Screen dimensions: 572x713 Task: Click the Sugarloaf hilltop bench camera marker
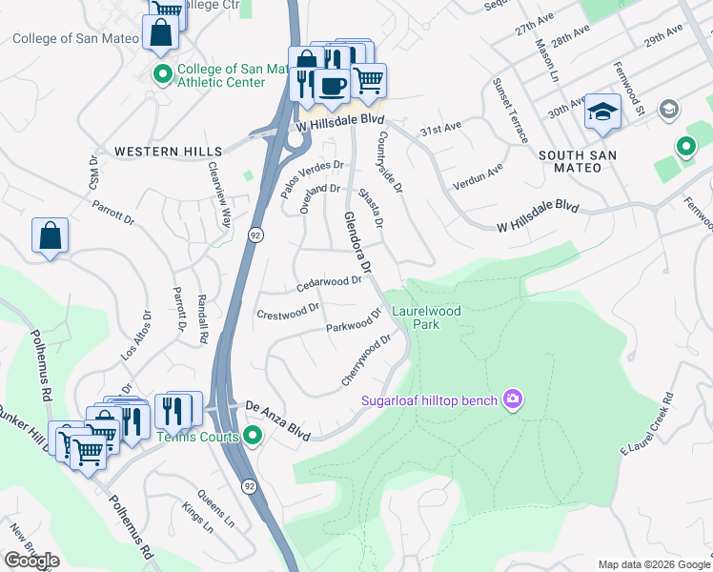coord(513,398)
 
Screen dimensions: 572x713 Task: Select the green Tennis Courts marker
coord(252,437)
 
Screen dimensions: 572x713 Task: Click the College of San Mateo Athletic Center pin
coord(162,72)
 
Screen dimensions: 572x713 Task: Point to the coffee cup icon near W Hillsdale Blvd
coord(331,87)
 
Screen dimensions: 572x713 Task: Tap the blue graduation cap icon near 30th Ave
coord(602,112)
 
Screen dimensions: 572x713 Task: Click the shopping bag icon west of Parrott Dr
coord(50,235)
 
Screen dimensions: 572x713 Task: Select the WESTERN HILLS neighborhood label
coord(168,152)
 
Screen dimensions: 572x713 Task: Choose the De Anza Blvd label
coord(277,420)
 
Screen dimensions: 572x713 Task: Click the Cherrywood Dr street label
coord(367,359)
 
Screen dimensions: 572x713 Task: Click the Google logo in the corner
coord(31,561)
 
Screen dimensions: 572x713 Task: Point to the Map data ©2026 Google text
coord(653,564)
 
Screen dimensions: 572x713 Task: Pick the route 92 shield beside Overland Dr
coord(256,234)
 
